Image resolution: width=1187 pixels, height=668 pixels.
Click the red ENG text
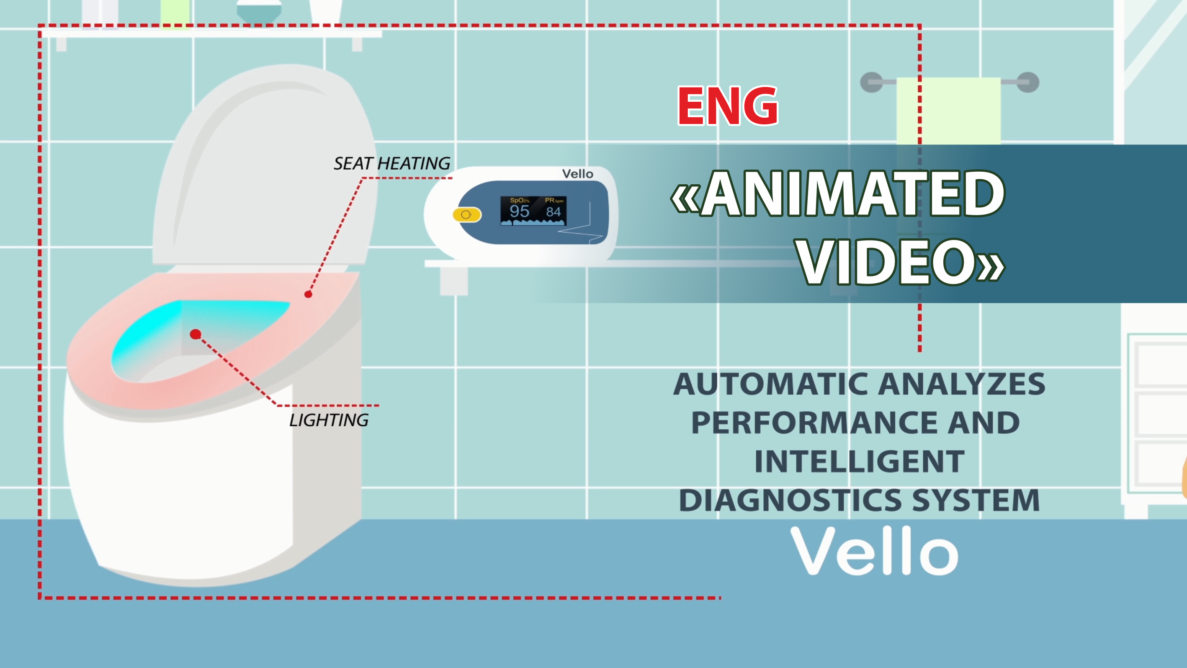(728, 106)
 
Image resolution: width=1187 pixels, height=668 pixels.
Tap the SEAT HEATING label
(391, 163)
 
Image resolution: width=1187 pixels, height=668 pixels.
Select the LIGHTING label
(329, 420)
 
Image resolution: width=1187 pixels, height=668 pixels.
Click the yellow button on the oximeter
(467, 215)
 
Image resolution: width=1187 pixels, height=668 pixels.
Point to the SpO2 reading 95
(519, 211)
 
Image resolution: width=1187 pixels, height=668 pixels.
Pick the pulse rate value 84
(554, 212)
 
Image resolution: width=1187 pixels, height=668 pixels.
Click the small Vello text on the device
(577, 174)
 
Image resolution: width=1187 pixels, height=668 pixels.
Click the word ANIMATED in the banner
(852, 193)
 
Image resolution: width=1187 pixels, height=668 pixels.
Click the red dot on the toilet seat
(308, 294)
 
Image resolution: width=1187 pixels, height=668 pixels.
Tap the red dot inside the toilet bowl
(196, 334)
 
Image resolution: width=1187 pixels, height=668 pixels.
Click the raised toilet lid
(265, 166)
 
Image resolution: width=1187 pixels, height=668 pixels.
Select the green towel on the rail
(948, 111)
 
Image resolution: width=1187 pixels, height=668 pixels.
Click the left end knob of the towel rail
(871, 83)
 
